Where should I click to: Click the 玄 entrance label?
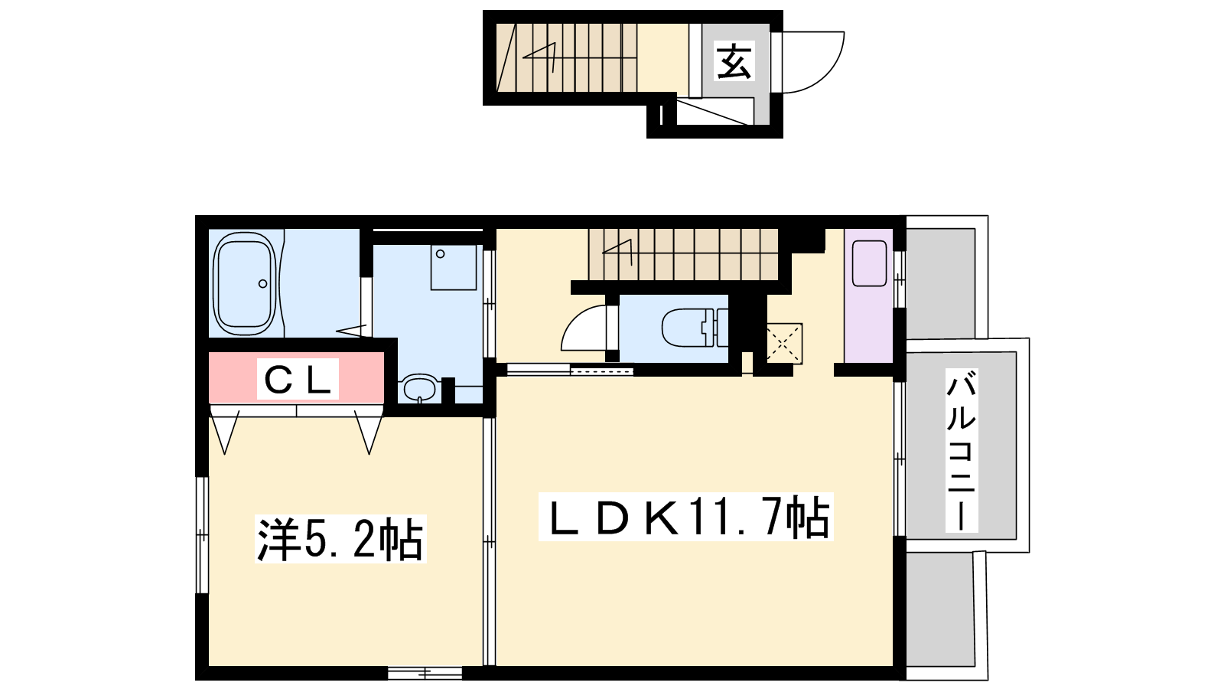tap(734, 60)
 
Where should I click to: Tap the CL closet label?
tap(298, 379)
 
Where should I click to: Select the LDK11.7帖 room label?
tap(685, 517)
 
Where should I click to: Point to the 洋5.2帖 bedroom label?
tap(340, 539)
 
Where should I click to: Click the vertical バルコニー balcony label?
tap(961, 451)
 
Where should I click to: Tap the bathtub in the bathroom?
tap(244, 283)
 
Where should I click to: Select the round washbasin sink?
tap(419, 388)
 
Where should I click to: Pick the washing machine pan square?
tap(454, 267)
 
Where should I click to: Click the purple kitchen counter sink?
tap(869, 264)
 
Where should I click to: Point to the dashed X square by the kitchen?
tap(783, 343)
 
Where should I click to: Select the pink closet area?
tap(297, 378)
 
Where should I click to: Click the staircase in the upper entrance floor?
tap(567, 57)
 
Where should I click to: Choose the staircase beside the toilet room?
tap(683, 254)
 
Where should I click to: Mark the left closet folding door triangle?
tap(225, 431)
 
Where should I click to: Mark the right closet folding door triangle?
tap(369, 431)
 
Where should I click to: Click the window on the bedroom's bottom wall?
tap(425, 672)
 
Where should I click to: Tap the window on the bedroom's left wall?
tap(202, 535)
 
